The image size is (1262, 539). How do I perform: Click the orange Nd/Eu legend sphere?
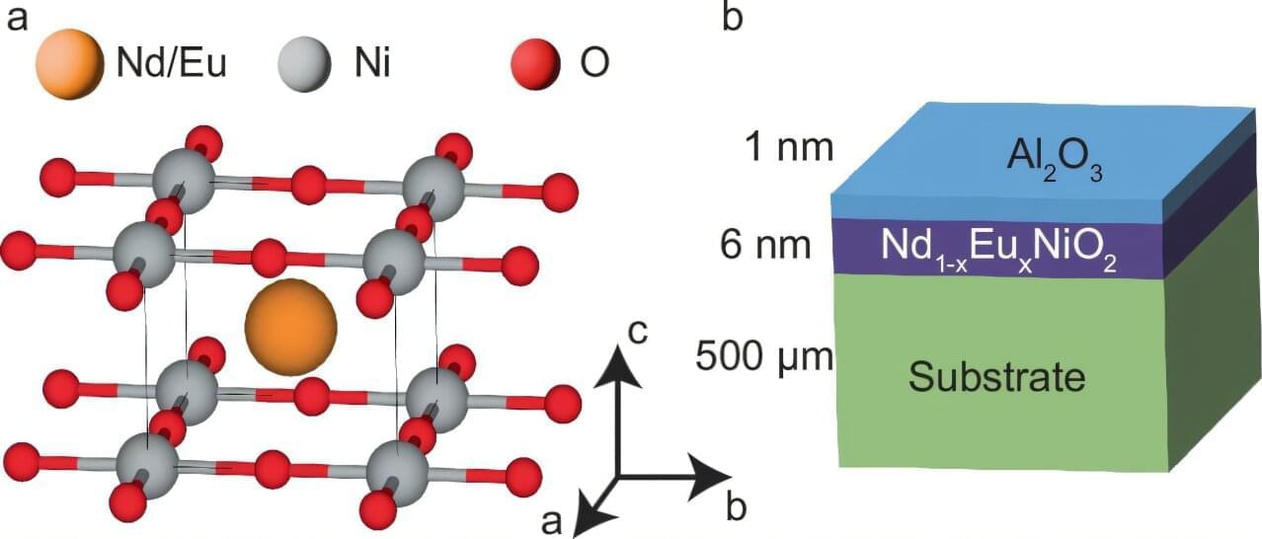68,63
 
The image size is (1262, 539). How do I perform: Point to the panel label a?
16,17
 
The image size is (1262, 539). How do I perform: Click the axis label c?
639,333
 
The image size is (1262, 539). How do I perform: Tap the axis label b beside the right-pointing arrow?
736,507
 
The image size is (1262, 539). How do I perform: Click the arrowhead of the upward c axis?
618,367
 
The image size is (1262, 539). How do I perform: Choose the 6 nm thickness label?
765,245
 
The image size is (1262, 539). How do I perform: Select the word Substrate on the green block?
996,376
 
